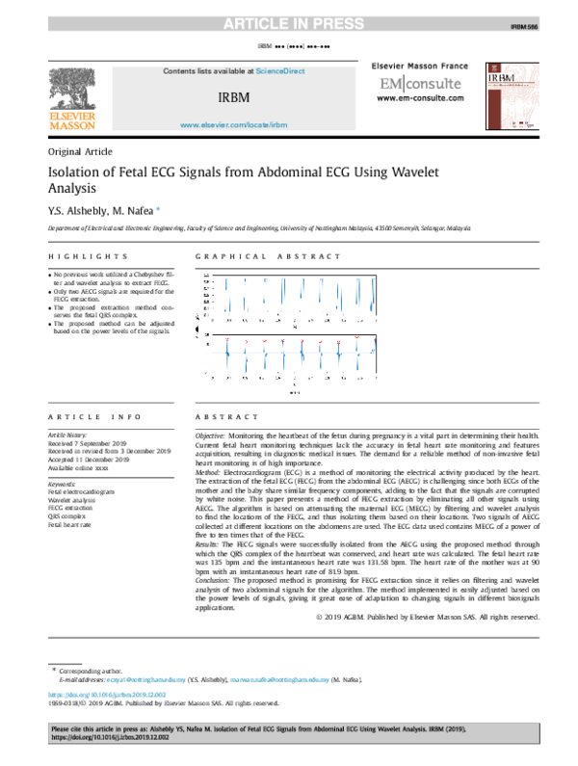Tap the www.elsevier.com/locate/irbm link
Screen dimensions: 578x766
[x=234, y=125]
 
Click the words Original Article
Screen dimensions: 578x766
[x=80, y=152]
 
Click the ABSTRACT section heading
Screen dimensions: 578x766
[x=227, y=416]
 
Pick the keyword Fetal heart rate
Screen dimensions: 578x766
[x=69, y=524]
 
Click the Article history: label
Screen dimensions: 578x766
[x=66, y=436]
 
